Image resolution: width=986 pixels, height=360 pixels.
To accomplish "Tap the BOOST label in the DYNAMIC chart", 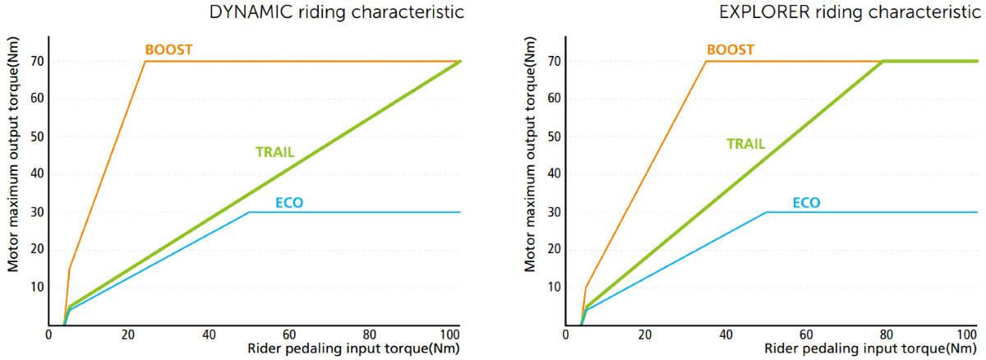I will pyautogui.click(x=168, y=50).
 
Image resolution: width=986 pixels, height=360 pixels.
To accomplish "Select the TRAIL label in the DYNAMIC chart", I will pyautogui.click(x=274, y=152).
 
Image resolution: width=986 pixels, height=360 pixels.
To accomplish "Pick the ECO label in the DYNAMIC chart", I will pyautogui.click(x=289, y=202).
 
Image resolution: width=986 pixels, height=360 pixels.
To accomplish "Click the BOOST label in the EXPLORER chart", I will pyautogui.click(x=729, y=50).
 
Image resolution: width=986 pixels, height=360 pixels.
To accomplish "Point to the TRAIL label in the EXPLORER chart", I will pyautogui.click(x=745, y=144).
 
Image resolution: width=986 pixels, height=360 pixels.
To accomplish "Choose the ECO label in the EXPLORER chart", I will pyautogui.click(x=806, y=202).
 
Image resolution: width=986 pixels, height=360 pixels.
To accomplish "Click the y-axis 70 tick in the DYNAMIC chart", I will pyautogui.click(x=36, y=62).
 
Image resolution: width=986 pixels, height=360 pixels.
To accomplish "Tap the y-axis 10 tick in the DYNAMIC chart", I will pyautogui.click(x=36, y=287).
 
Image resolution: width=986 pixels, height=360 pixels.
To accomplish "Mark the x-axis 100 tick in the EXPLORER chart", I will pyautogui.click(x=967, y=335).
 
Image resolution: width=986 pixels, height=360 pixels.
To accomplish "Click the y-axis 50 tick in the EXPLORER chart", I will pyautogui.click(x=554, y=136).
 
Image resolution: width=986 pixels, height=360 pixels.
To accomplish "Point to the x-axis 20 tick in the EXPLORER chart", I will pyautogui.click(x=646, y=335).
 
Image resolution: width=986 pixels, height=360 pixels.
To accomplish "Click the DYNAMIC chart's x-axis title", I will pyautogui.click(x=355, y=349).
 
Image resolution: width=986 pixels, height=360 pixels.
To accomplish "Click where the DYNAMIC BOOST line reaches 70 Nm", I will pyautogui.click(x=145, y=62).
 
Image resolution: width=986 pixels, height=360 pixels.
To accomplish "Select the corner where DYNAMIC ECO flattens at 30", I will pyautogui.click(x=249, y=212).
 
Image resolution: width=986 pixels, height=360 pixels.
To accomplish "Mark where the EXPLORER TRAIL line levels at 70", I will pyautogui.click(x=882, y=62).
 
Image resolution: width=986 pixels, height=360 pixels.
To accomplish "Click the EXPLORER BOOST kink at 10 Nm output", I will pyautogui.click(x=585, y=288).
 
